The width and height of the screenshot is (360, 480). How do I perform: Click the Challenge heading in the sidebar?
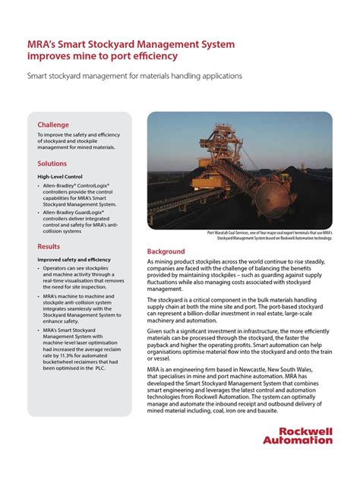click(53, 125)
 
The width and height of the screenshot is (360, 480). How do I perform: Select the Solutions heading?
click(52, 163)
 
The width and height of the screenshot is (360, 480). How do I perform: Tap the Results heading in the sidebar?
click(49, 247)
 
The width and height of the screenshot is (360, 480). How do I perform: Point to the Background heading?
click(166, 251)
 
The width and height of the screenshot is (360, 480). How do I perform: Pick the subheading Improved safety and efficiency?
click(74, 260)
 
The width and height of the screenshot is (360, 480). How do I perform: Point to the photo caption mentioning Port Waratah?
click(270, 235)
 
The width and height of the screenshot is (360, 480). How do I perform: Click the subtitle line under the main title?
click(134, 76)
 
